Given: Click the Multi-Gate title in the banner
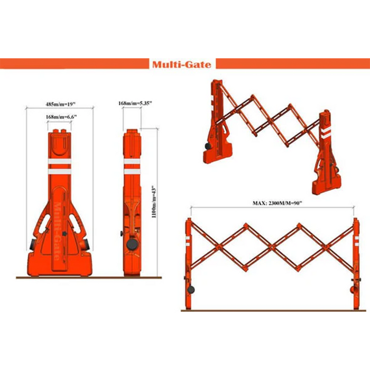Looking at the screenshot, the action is coord(181,64).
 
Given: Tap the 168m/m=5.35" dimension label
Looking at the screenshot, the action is coord(135,103).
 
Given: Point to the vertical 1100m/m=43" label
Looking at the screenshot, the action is coord(154,202).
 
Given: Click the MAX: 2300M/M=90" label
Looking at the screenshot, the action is coord(277,203).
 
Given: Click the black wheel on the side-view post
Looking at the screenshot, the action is coord(132,244).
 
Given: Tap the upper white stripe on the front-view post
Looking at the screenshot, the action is coord(59,161).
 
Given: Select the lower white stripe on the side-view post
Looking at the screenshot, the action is coord(132,172).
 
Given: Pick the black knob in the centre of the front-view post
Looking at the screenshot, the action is coord(64,234).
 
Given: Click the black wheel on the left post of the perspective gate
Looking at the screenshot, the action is coord(208,146).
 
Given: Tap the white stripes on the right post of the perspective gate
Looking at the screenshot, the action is coord(326,132).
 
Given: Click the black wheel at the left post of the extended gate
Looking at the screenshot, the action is coord(191,290).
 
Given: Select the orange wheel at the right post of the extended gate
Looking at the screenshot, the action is coord(353,290).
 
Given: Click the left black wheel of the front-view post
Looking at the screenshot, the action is coord(32,245).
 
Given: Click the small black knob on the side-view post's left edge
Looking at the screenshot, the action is coord(122,234).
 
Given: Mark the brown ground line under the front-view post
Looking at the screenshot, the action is coord(89,277).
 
